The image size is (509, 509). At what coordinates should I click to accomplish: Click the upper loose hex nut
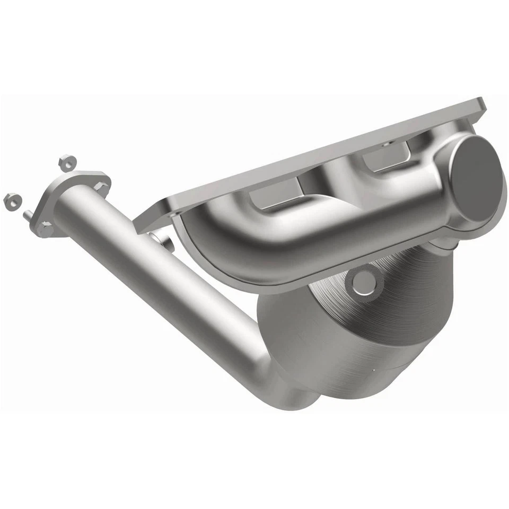point(66,163)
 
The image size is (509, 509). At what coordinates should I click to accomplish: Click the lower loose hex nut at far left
point(12,201)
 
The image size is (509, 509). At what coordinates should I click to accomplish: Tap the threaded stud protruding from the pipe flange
point(27,215)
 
